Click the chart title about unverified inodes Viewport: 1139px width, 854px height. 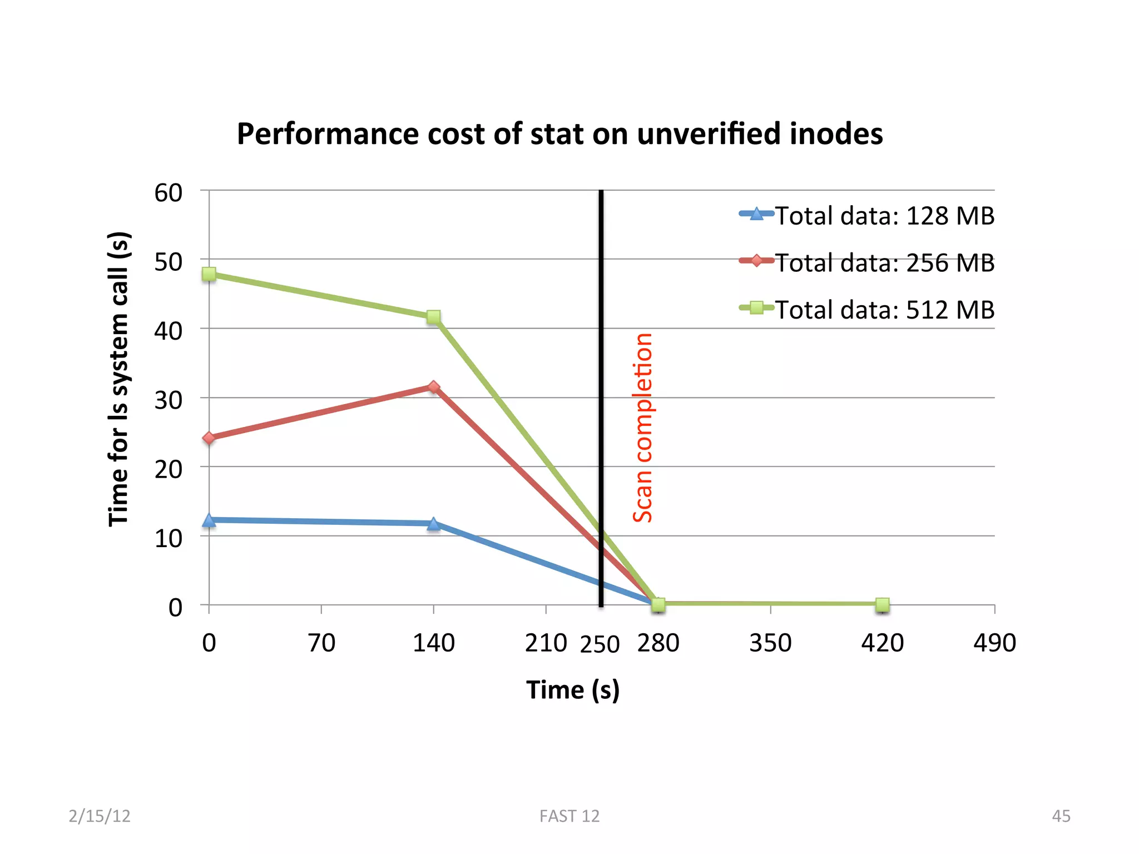pos(559,134)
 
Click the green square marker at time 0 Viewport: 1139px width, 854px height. pos(209,274)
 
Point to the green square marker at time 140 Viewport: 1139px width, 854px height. pos(434,317)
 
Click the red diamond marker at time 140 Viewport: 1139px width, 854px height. pos(434,387)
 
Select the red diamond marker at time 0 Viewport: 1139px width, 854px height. pos(209,438)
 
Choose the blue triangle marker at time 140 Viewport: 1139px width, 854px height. pos(434,524)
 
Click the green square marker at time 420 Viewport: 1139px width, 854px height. pos(883,604)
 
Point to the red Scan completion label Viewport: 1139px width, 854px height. pos(642,428)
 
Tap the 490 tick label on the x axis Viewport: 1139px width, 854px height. pos(994,643)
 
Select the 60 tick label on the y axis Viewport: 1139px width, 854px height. pos(169,193)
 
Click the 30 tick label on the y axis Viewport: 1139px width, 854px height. pos(169,400)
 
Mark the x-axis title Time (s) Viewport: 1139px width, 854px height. pos(573,691)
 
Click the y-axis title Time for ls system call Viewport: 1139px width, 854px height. pos(118,379)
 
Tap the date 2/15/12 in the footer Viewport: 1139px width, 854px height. pos(100,816)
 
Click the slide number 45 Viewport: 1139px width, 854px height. pos(1061,816)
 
